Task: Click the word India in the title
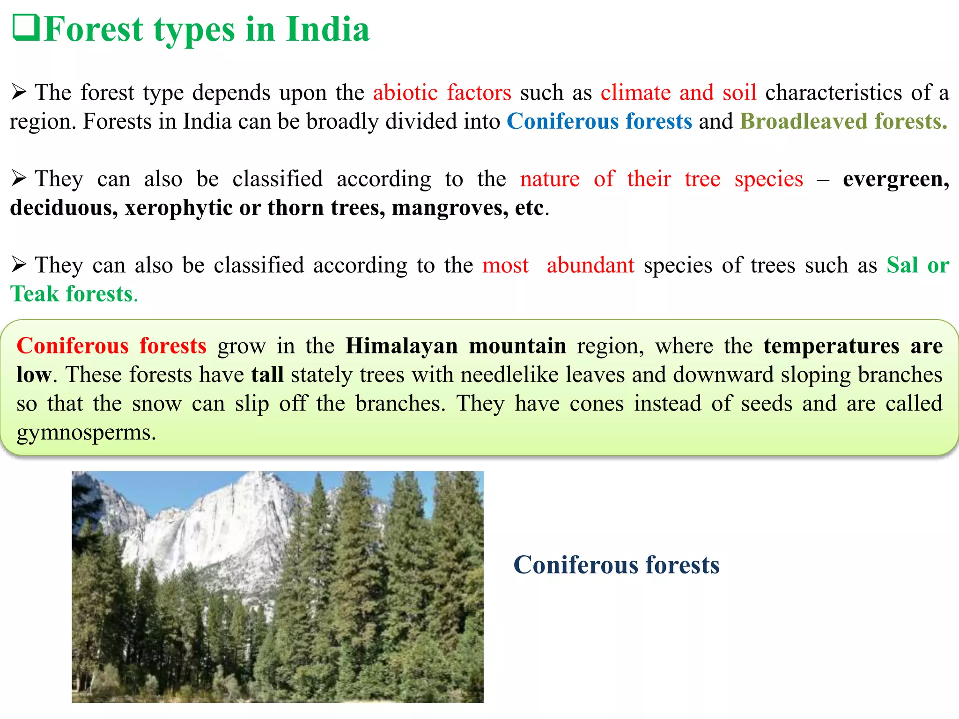point(328,29)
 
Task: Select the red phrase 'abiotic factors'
point(442,92)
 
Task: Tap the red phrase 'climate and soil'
point(679,92)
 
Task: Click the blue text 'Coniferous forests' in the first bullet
point(599,121)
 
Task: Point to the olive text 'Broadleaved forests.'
point(843,121)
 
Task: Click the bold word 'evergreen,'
point(896,179)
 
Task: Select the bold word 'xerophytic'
point(178,208)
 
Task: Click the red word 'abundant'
point(590,265)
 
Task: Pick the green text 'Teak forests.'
point(74,294)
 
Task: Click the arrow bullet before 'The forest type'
point(19,92)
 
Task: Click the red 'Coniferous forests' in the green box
point(111,346)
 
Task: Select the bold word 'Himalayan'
point(402,346)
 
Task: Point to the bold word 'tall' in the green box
point(267,374)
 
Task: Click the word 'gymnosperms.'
point(86,432)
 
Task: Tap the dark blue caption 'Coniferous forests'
point(616,565)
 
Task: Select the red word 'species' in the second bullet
point(768,179)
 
